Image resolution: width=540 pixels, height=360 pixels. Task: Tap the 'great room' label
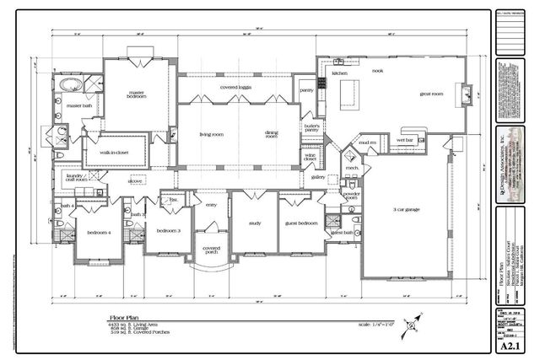tap(431, 94)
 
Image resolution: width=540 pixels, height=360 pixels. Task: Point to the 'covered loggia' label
tap(237, 87)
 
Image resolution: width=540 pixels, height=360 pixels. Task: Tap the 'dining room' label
tap(272, 134)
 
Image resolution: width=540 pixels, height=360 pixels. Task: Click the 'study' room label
tap(255, 223)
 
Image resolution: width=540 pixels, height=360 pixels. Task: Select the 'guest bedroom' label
tap(301, 223)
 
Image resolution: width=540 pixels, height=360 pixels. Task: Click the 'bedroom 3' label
tap(169, 230)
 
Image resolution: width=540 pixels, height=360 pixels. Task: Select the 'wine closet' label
tap(310, 158)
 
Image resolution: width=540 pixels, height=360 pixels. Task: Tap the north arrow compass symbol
tap(411, 320)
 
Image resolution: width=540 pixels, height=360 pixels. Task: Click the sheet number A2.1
tap(507, 344)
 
